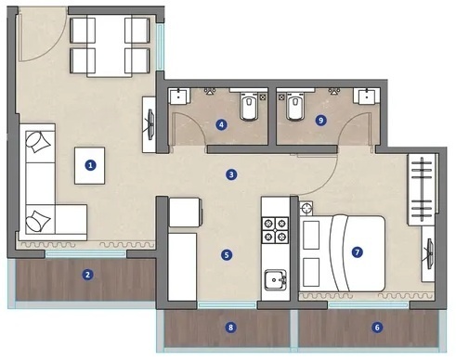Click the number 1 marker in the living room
pyautogui.click(x=90, y=166)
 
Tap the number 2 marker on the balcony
pyautogui.click(x=86, y=274)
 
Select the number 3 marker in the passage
pyautogui.click(x=231, y=173)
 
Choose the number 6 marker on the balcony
pyautogui.click(x=376, y=327)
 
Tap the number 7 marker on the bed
pyautogui.click(x=357, y=251)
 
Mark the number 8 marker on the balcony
pyautogui.click(x=230, y=327)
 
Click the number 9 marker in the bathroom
pyautogui.click(x=320, y=120)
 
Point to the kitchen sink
pyautogui.click(x=273, y=278)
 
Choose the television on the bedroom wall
pyautogui.click(x=431, y=252)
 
